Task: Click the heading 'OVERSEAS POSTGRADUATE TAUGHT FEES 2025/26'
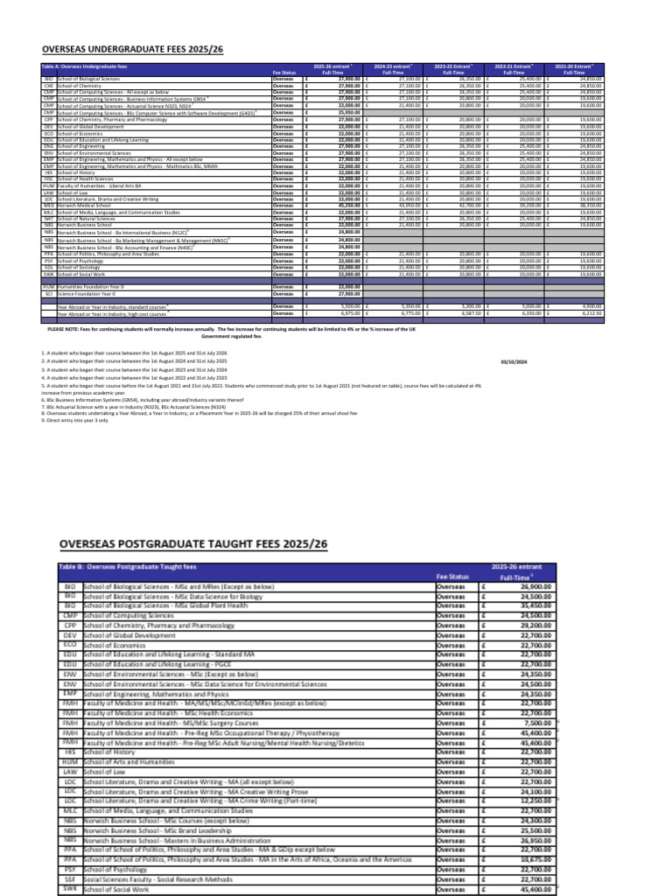point(192,544)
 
